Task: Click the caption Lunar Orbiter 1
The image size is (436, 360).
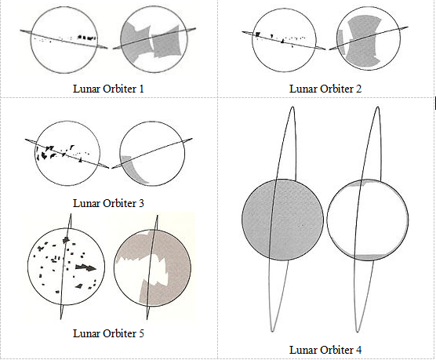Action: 108,89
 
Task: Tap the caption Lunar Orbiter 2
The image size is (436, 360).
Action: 325,89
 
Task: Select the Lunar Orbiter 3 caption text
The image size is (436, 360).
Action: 108,203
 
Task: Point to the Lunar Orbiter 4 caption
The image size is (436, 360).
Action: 325,350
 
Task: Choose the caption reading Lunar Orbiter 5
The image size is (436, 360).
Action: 108,333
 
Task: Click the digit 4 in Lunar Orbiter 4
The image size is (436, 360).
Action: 358,350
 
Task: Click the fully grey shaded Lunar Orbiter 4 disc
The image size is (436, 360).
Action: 282,220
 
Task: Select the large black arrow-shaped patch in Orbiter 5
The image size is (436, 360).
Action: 86,267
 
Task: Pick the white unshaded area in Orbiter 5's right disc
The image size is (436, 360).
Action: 142,271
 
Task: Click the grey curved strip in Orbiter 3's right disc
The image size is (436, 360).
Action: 132,169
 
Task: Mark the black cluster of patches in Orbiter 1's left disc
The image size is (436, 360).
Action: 87,38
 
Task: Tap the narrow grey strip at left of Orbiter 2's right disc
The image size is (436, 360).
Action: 341,42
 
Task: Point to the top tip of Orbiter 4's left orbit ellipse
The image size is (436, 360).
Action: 292,107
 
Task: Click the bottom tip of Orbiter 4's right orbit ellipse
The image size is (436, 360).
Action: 358,332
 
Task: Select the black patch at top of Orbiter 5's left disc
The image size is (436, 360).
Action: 66,239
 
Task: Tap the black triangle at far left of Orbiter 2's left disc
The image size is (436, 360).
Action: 258,35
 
